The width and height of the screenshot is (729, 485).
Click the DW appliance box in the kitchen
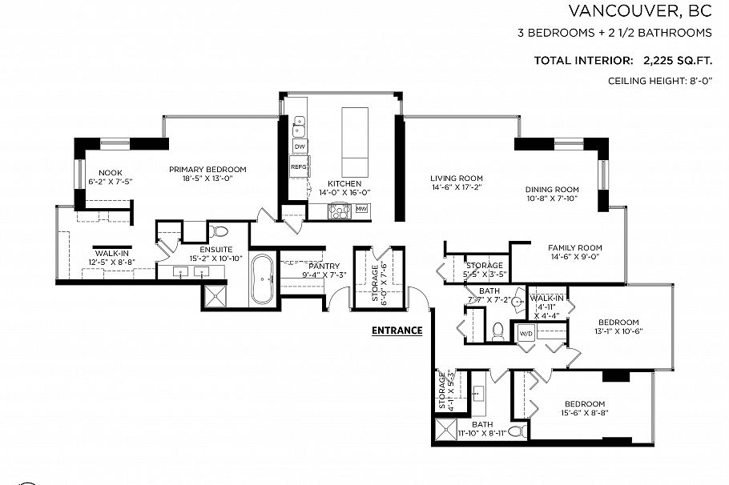click(300, 147)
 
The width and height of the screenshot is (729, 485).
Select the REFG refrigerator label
click(299, 167)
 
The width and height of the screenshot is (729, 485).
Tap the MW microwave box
click(361, 210)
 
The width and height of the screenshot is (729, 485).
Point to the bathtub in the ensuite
click(263, 279)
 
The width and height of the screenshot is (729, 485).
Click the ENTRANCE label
click(397, 330)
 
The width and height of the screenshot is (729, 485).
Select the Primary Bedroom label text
click(207, 170)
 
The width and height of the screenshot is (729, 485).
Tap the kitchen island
click(355, 142)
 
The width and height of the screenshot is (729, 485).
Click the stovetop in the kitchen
click(340, 212)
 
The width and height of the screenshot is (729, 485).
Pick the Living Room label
click(456, 178)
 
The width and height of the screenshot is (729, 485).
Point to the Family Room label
click(574, 248)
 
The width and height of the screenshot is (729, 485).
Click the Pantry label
click(324, 267)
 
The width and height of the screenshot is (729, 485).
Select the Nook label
click(110, 173)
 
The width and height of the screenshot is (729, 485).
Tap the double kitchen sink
click(300, 126)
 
